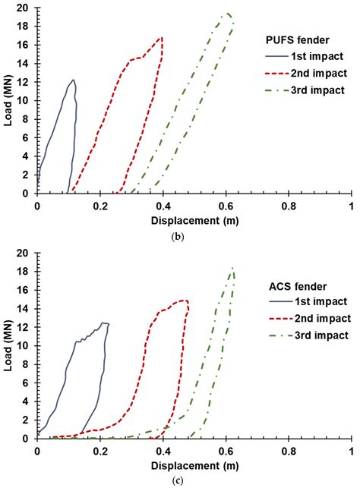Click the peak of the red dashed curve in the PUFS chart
[x=161, y=37]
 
